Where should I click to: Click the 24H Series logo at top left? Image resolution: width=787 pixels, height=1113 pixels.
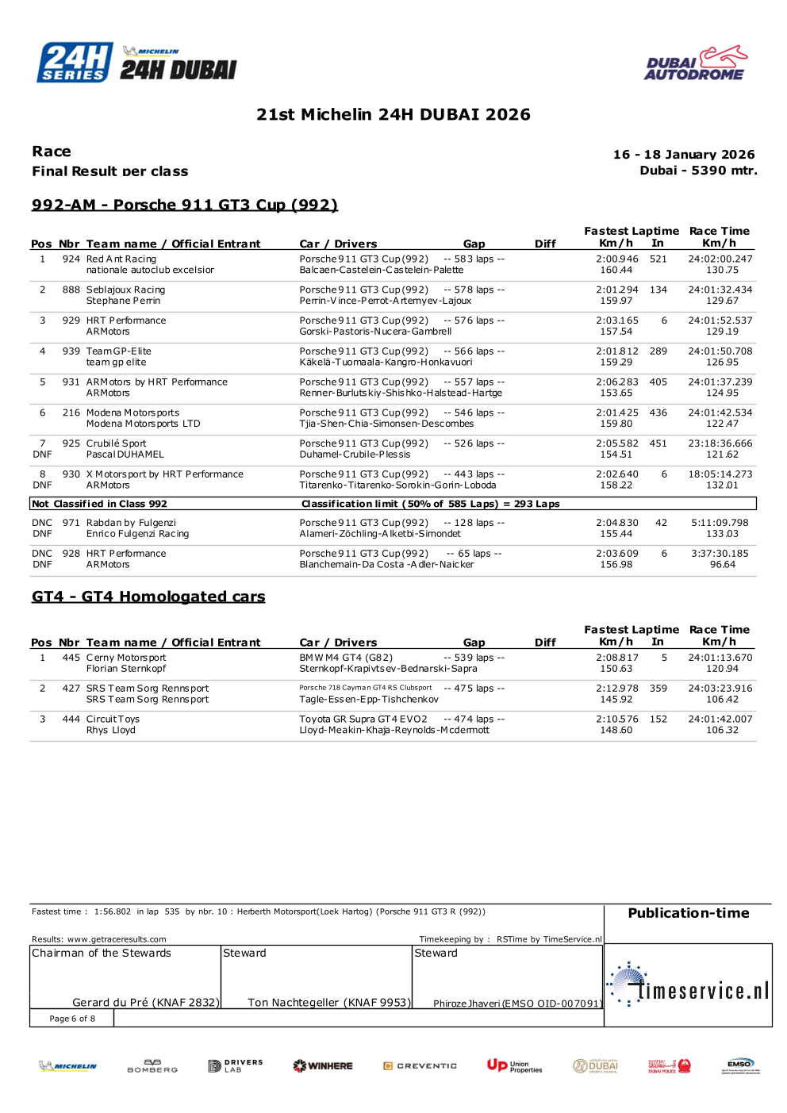pyautogui.click(x=75, y=63)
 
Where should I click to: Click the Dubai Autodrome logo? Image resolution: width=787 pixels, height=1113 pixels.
pyautogui.click(x=696, y=63)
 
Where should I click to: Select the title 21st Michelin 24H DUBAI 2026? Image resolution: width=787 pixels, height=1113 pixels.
pyautogui.click(x=393, y=114)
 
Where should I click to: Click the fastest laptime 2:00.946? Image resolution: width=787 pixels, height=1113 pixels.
pyautogui.click(x=617, y=259)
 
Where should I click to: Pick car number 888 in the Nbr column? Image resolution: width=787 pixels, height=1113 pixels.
pyautogui.click(x=71, y=290)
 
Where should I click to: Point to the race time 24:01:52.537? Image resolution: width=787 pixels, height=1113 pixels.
pyautogui.click(x=720, y=320)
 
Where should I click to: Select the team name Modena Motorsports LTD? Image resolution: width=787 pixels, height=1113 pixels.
pyautogui.click(x=143, y=424)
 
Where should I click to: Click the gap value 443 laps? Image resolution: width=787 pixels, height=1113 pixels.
pyautogui.click(x=474, y=474)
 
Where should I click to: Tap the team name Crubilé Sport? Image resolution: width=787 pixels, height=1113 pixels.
pyautogui.click(x=116, y=443)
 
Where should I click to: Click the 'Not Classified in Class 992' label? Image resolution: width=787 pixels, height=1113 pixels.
pyautogui.click(x=99, y=504)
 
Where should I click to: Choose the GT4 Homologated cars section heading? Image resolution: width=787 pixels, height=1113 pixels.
pyautogui.click(x=148, y=597)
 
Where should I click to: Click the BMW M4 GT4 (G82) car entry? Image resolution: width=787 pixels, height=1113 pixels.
pyautogui.click(x=346, y=658)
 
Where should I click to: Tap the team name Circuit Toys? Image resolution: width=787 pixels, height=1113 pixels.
pyautogui.click(x=113, y=720)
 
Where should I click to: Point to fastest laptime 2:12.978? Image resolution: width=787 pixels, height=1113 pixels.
pyautogui.click(x=617, y=689)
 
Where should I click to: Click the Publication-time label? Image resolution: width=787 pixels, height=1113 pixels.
pyautogui.click(x=689, y=913)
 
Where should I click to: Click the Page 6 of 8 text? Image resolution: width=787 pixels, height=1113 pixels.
pyautogui.click(x=72, y=1019)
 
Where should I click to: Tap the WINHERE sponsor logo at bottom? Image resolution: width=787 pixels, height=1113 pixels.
pyautogui.click(x=323, y=1066)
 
